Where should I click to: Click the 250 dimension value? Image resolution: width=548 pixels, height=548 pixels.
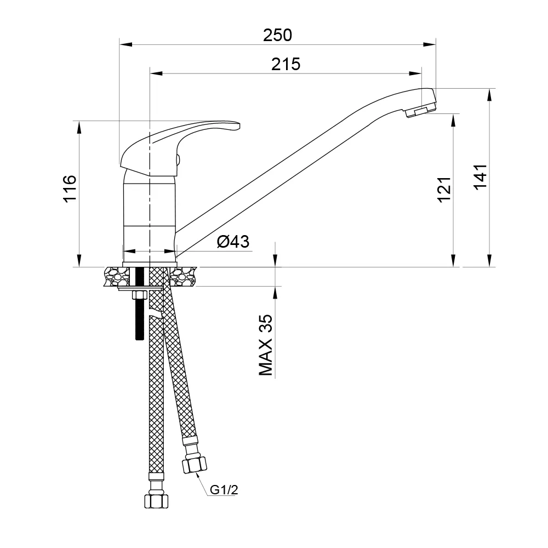point(277,35)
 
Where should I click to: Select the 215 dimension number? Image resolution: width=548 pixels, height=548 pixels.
point(286,64)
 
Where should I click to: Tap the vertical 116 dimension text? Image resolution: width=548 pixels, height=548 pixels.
point(70,189)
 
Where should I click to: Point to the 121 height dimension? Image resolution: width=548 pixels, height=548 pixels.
point(444,190)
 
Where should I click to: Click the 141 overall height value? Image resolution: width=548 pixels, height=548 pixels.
point(480,177)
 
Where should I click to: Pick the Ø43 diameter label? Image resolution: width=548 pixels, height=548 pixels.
point(233,241)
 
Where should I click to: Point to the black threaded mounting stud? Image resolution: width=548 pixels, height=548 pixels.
point(138,318)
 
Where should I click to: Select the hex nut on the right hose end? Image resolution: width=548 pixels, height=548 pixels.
point(194,465)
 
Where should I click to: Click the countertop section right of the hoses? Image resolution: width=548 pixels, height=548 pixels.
point(183,277)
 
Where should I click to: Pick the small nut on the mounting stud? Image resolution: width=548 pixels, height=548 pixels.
point(138,295)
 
